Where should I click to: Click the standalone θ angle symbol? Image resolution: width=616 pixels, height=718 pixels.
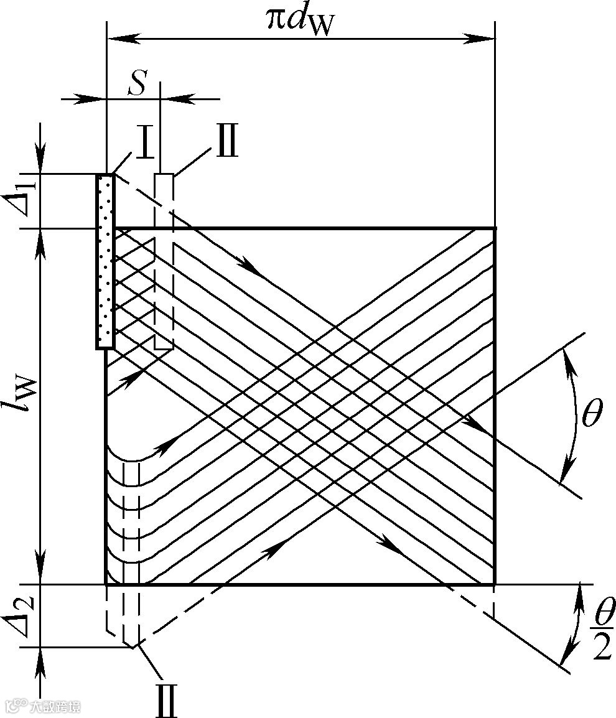tap(591, 414)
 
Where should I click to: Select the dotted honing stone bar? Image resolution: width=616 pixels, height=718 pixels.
tap(105, 261)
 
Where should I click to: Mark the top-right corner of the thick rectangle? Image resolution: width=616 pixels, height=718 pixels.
tap(495, 229)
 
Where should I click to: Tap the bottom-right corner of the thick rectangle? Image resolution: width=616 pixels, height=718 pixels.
tap(495, 584)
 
